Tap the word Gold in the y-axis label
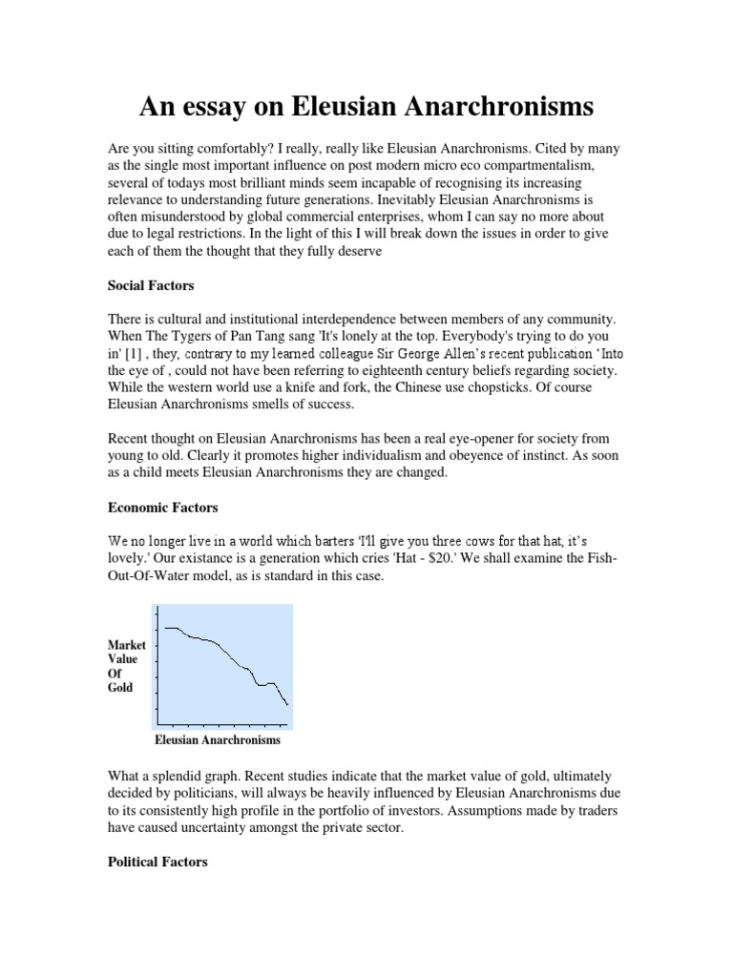coord(121,686)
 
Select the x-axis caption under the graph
coord(218,739)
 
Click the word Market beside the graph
coord(126,646)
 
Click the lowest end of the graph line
coord(286,705)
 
